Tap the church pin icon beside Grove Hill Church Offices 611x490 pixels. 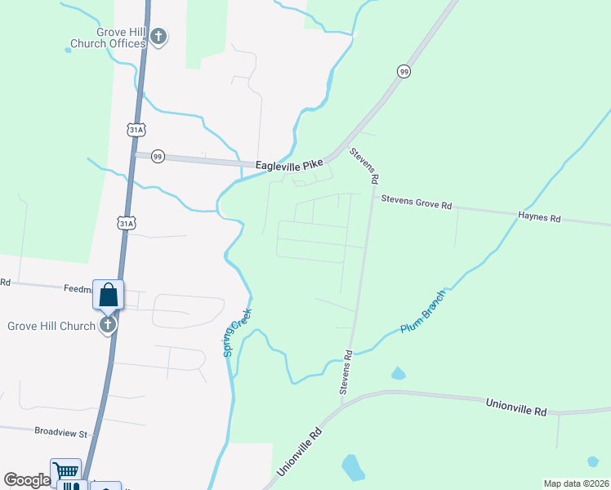(x=158, y=37)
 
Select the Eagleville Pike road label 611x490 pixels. (x=290, y=165)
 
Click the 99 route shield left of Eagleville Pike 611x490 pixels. (x=158, y=156)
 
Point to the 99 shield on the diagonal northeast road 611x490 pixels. (x=404, y=72)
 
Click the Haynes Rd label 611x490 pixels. (x=539, y=218)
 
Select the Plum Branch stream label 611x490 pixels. (x=424, y=311)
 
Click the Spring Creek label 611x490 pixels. (x=238, y=332)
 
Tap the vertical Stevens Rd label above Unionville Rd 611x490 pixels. (x=347, y=372)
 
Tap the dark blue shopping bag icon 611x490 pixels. (x=109, y=296)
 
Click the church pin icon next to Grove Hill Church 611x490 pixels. (x=108, y=326)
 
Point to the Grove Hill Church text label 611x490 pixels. (x=51, y=326)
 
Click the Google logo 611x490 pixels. (x=26, y=480)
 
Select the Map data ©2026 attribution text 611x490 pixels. (x=576, y=483)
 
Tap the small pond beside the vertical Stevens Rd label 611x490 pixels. (x=398, y=374)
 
